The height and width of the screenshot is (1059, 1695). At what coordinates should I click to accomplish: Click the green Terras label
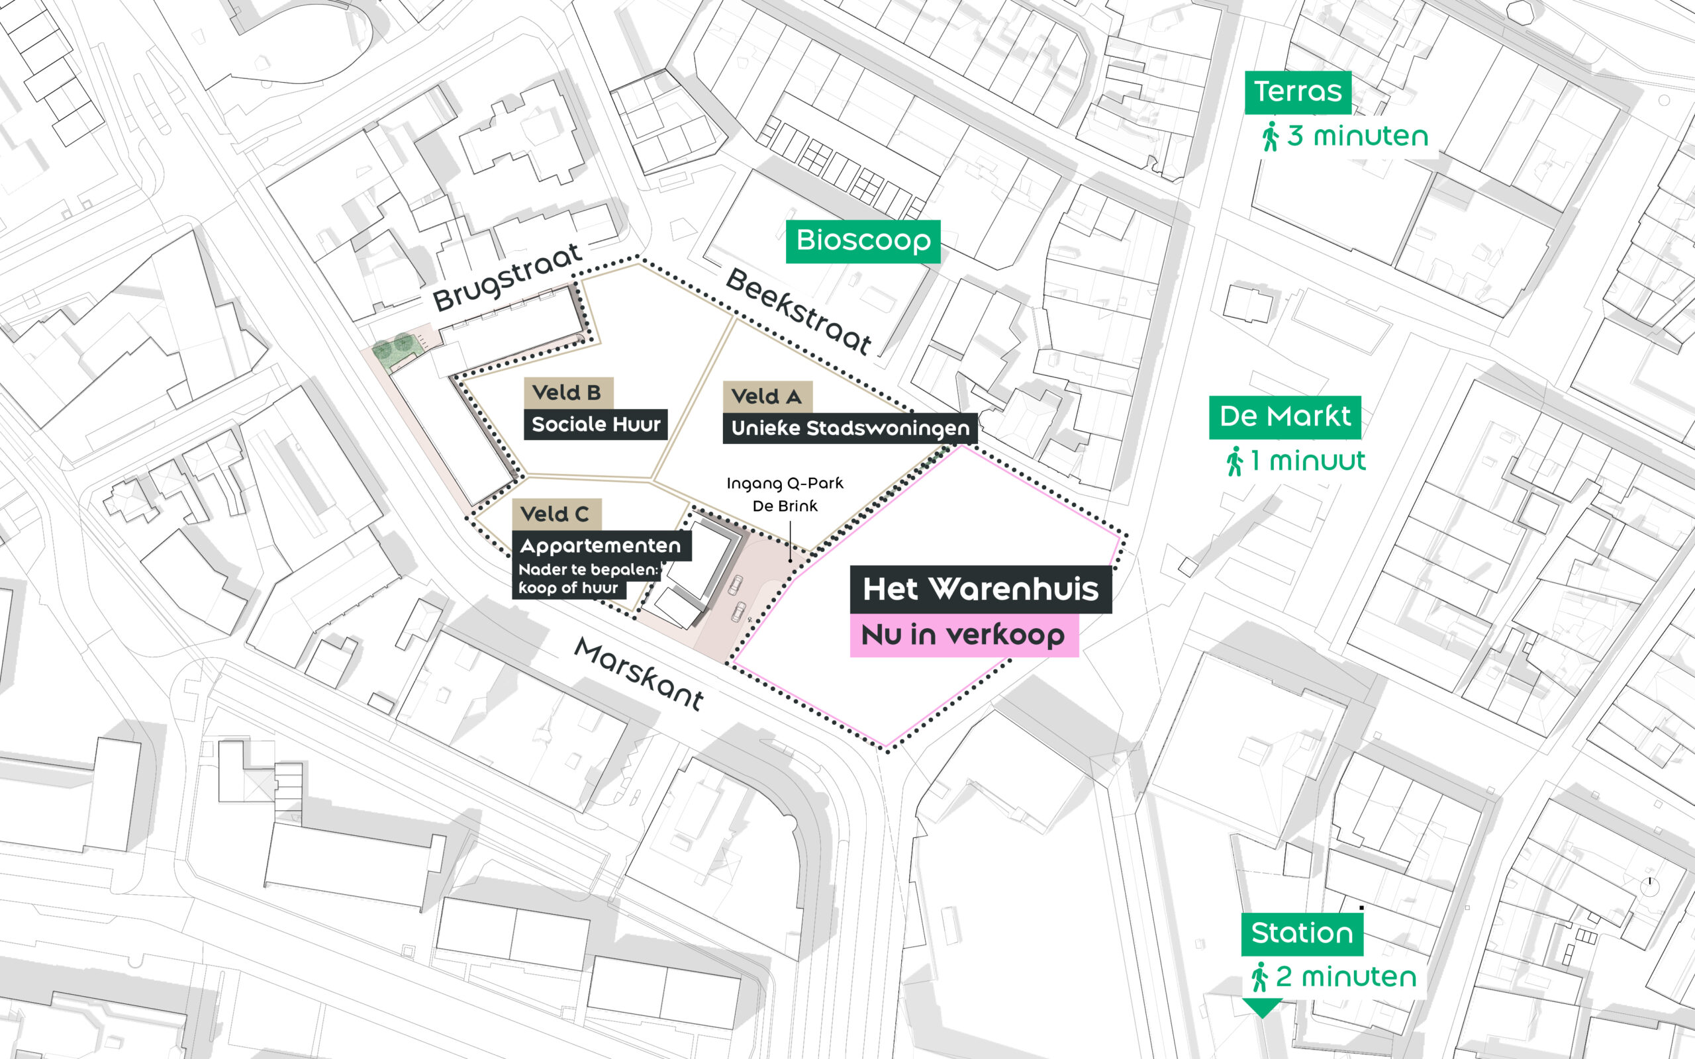coord(1298,93)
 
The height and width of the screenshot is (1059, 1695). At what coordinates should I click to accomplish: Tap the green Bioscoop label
coord(863,242)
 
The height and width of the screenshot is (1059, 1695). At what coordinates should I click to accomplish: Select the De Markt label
coord(1285,418)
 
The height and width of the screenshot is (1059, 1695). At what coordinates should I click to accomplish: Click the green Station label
coord(1302,935)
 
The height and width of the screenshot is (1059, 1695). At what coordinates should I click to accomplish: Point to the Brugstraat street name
coord(507,277)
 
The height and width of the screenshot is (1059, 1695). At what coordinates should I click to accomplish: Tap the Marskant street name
coord(640,674)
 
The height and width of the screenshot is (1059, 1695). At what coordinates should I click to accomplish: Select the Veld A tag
coord(767,396)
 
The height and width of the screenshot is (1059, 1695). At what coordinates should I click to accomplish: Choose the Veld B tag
coord(568,393)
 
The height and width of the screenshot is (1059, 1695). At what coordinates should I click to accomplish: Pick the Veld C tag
coord(556,515)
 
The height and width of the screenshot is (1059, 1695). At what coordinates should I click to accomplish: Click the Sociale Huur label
coord(595,424)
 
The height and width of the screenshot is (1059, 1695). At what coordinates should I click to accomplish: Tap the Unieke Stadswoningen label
coord(850,428)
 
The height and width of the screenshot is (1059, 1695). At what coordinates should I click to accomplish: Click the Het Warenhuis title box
coord(981,590)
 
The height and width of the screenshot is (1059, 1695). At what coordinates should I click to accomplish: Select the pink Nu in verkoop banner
coord(964,635)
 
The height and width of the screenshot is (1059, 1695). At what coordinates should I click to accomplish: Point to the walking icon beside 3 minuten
coord(1270,136)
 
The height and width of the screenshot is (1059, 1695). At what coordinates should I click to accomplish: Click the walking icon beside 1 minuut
coord(1234,461)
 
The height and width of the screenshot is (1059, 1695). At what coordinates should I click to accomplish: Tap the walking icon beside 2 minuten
coord(1259,977)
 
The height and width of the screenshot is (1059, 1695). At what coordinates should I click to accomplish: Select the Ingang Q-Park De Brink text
coord(785,494)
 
